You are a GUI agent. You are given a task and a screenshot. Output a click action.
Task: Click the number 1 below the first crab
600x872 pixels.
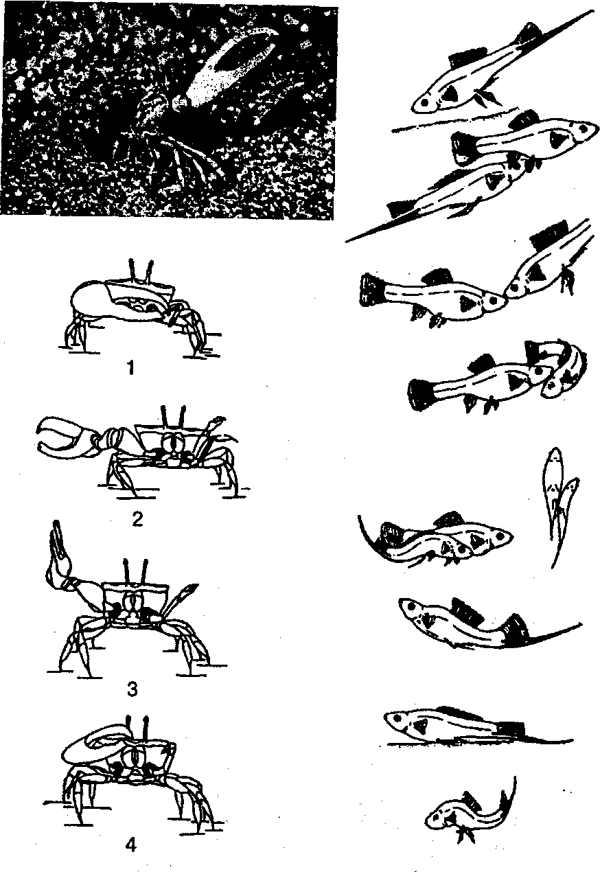click(132, 367)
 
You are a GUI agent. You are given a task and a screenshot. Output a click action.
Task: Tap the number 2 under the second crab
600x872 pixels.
click(137, 519)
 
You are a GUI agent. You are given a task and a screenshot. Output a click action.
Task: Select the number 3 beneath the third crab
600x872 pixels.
click(132, 689)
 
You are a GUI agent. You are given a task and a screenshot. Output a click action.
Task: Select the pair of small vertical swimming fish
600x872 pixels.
click(559, 506)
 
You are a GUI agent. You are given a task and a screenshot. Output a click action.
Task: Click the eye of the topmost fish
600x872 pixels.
click(425, 102)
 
